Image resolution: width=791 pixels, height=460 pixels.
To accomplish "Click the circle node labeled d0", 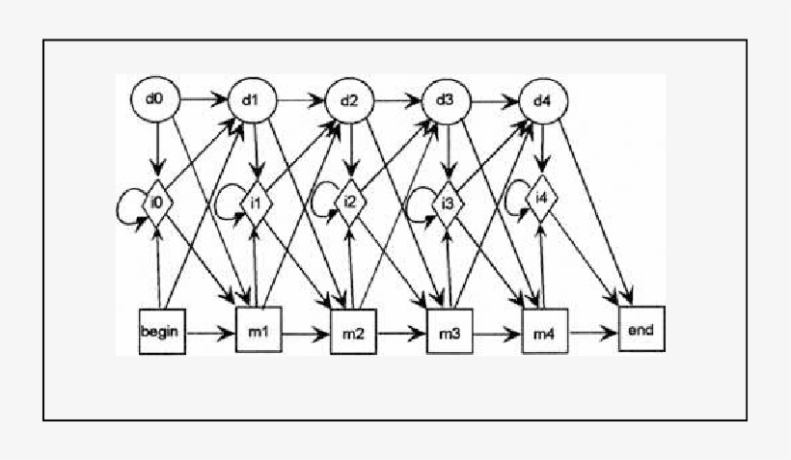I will [x=156, y=99].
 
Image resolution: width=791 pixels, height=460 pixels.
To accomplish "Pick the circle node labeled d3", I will [x=446, y=99].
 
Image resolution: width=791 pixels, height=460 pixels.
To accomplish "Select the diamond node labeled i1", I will [x=255, y=203].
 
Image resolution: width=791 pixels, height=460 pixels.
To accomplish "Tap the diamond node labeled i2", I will [x=351, y=203].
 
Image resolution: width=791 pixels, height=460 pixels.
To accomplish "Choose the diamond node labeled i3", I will [x=448, y=203].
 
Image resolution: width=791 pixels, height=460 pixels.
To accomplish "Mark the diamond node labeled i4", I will [x=543, y=201].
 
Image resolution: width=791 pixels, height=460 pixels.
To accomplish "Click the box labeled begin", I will [x=161, y=332].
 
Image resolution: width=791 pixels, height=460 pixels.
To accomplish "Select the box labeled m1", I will [x=258, y=333].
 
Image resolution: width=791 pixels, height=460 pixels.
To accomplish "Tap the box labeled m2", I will [x=354, y=334].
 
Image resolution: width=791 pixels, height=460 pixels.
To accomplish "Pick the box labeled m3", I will [x=450, y=334].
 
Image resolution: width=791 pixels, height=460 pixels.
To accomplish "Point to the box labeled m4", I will [x=546, y=333].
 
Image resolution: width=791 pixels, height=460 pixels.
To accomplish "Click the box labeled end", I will [x=641, y=331].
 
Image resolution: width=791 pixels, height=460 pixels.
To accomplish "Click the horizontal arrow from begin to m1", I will [x=210, y=334].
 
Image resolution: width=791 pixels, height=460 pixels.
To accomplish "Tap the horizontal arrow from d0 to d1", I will [x=204, y=98].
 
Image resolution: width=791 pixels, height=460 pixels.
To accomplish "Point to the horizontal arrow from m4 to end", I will [x=593, y=333].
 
